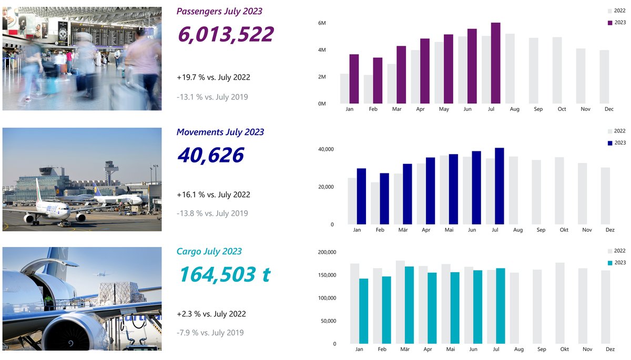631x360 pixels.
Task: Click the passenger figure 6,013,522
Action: [x=226, y=35]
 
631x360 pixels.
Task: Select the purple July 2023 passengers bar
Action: [x=495, y=63]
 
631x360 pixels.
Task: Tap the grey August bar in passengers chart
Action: [x=510, y=68]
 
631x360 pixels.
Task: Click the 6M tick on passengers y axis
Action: [x=322, y=24]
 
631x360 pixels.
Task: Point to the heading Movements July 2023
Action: [x=220, y=132]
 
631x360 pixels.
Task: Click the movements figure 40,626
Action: [x=210, y=156]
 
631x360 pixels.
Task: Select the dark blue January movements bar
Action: [x=361, y=196]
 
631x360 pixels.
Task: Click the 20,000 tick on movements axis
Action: [x=324, y=187]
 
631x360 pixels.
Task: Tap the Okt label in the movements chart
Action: [x=564, y=230]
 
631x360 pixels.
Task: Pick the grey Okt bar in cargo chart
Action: [x=559, y=303]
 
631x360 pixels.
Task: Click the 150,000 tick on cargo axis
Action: [x=327, y=275]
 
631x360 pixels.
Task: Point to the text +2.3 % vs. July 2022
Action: [x=211, y=314]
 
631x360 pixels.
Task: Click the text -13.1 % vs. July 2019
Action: [x=212, y=97]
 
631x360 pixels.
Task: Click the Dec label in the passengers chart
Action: [x=609, y=109]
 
